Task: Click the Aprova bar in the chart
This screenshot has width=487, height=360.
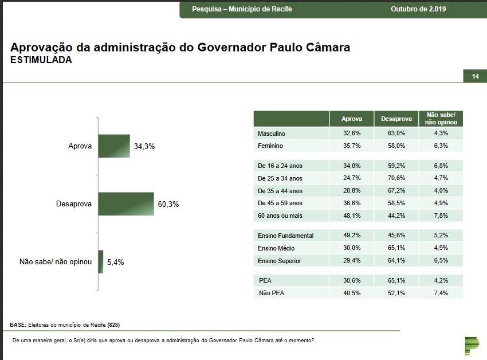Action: tap(114, 146)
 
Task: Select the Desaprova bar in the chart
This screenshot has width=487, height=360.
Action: tap(126, 204)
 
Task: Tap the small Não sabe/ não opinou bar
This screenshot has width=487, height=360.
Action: tap(101, 261)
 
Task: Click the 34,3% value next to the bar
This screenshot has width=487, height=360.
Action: tap(144, 147)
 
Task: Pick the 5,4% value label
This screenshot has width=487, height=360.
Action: tap(115, 262)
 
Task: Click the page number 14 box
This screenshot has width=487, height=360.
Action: tap(475, 77)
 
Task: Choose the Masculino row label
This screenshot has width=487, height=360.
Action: tap(272, 134)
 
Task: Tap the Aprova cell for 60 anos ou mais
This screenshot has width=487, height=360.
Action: tap(352, 216)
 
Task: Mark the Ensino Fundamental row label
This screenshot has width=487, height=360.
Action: tap(285, 236)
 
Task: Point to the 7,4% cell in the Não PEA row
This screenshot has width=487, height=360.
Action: tap(441, 293)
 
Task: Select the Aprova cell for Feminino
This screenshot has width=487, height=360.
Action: tap(352, 146)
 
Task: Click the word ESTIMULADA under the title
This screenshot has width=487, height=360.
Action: tap(41, 60)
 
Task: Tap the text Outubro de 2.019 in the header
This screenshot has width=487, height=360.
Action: tap(418, 9)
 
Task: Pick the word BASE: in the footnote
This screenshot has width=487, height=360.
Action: tap(18, 325)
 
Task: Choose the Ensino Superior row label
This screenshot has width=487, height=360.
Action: tap(280, 261)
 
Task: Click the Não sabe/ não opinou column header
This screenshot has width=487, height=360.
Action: tap(441, 119)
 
